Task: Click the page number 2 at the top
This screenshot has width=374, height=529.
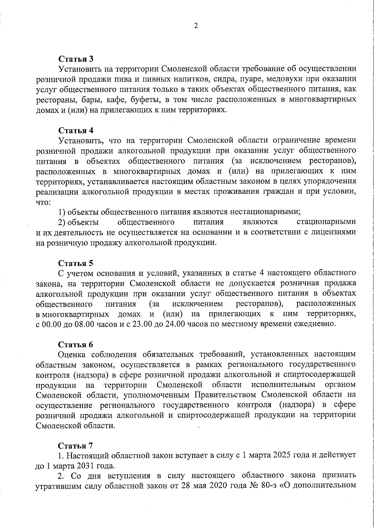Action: (196, 26)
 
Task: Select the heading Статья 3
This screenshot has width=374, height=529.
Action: (76, 59)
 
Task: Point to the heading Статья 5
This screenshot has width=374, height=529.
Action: (76, 263)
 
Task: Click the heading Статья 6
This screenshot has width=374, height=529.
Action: (76, 344)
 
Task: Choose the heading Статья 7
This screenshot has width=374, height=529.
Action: (76, 445)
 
